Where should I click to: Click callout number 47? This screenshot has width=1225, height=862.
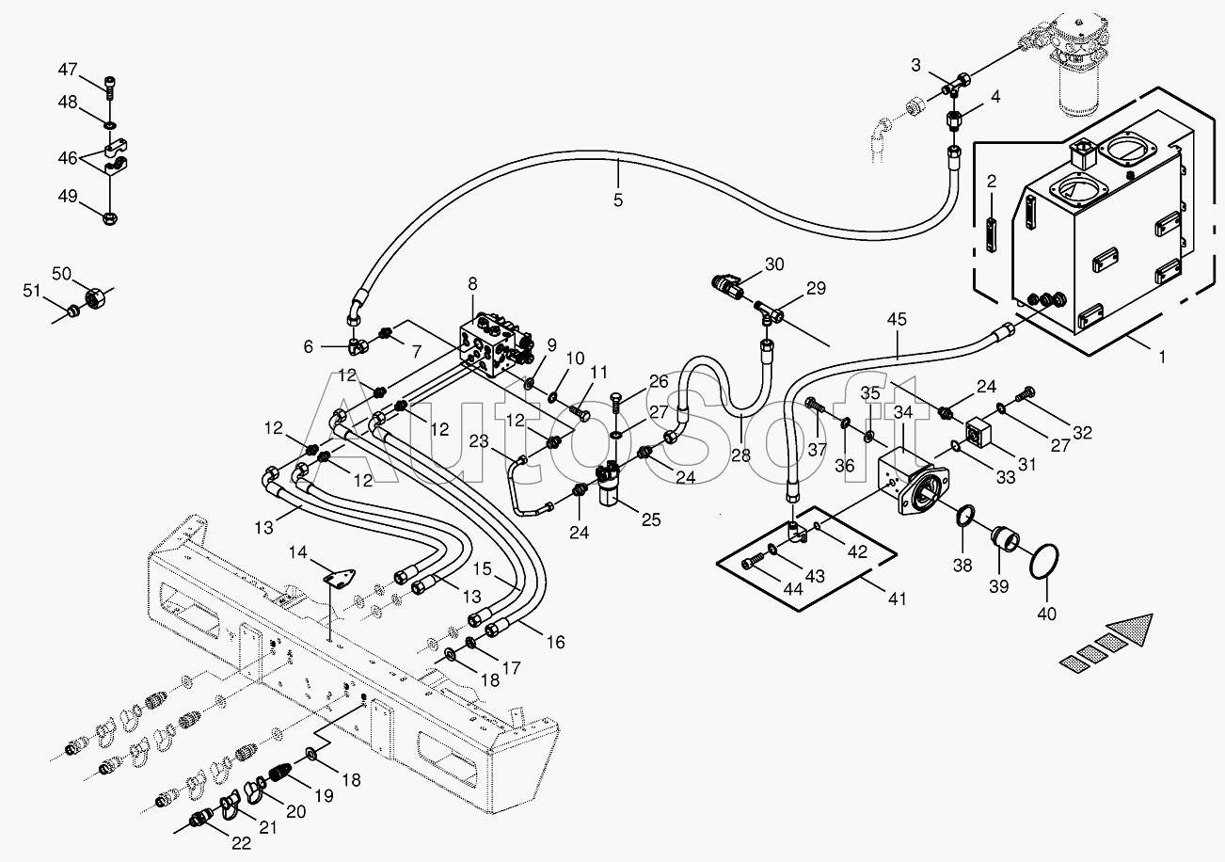tap(68, 70)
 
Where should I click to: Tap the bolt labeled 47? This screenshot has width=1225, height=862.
tap(110, 87)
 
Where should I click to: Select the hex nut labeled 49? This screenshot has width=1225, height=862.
tap(110, 218)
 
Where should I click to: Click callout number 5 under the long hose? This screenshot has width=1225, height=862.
tap(618, 200)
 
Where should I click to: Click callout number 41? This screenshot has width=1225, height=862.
tap(897, 599)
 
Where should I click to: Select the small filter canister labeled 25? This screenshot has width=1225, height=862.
tap(610, 485)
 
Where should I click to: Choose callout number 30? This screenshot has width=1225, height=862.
tap(773, 264)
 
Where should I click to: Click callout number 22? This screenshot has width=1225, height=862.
tap(241, 843)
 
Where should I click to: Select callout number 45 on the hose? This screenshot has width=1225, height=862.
tap(897, 319)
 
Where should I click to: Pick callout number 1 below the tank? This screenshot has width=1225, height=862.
tap(1162, 357)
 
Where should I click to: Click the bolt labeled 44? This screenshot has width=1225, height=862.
tap(752, 562)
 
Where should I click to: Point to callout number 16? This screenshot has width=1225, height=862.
tap(556, 642)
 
